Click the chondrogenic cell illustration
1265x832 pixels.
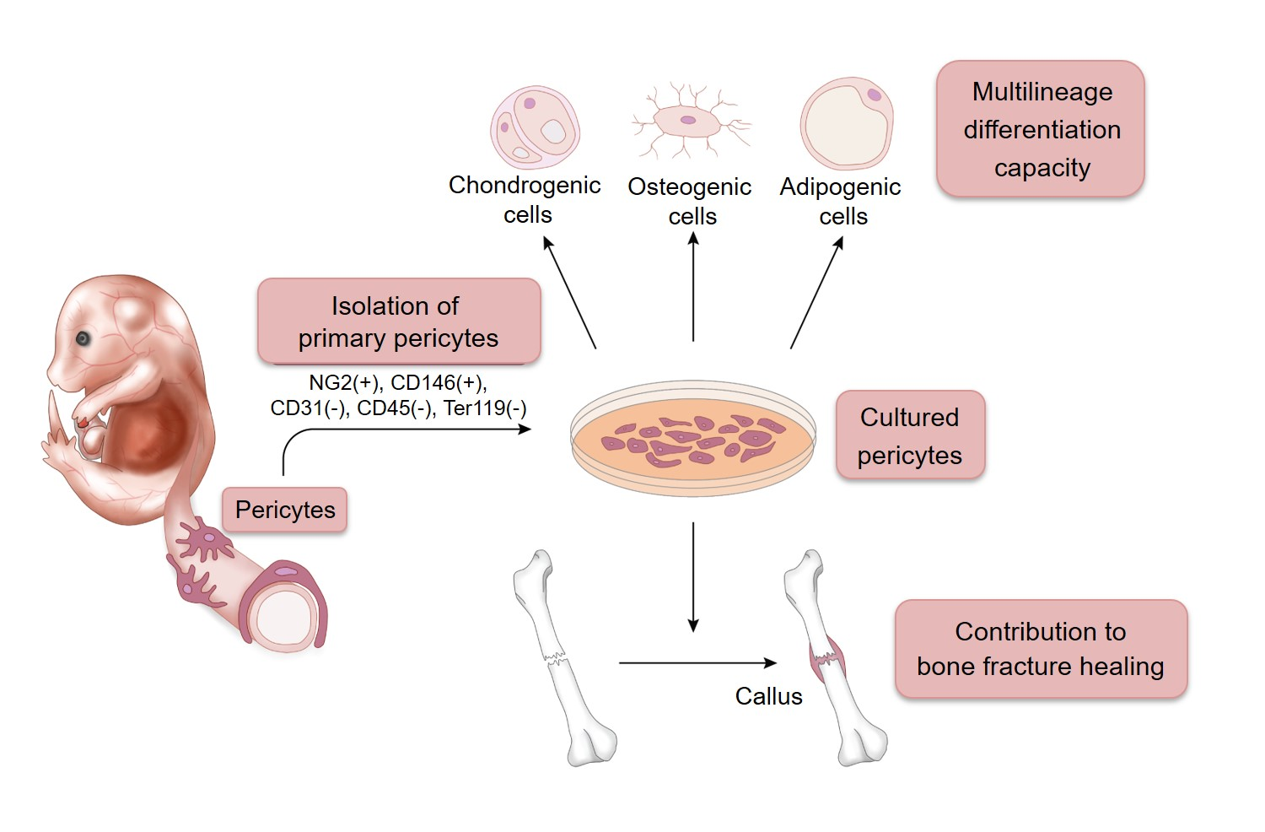coord(535,127)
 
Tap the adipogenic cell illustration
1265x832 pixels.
coord(846,124)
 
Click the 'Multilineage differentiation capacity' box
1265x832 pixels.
coord(1041,129)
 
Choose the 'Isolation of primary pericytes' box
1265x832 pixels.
coord(398,321)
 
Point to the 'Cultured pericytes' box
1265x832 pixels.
coord(909,435)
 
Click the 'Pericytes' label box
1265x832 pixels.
coord(285,510)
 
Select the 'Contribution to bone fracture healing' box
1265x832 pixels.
coord(1040,649)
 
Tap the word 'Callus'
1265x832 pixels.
coord(768,696)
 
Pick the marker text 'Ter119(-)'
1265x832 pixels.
coord(485,408)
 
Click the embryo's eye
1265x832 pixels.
coord(83,338)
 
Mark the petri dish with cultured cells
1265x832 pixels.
coord(693,437)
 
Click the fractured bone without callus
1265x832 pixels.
coord(560,658)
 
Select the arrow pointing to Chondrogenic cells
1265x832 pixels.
coord(570,292)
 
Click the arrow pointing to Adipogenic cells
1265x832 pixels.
coord(816,292)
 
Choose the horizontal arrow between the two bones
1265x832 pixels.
coord(697,663)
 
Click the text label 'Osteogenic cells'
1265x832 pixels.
coord(690,201)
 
